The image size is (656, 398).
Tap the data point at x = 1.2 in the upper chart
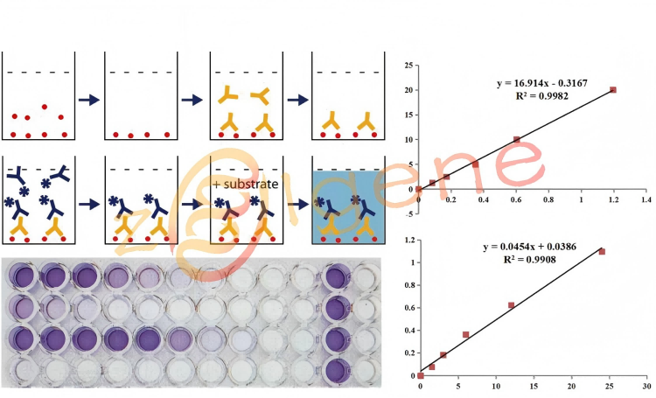pyautogui.click(x=613, y=89)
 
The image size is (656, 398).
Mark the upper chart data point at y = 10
pyautogui.click(x=517, y=139)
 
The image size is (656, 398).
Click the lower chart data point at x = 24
pyautogui.click(x=602, y=252)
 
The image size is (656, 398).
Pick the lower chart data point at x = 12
pyautogui.click(x=512, y=305)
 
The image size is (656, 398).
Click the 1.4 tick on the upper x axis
pyautogui.click(x=646, y=200)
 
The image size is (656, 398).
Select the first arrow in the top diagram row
pyautogui.click(x=88, y=99)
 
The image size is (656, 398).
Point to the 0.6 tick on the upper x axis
pyautogui.click(x=516, y=200)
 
